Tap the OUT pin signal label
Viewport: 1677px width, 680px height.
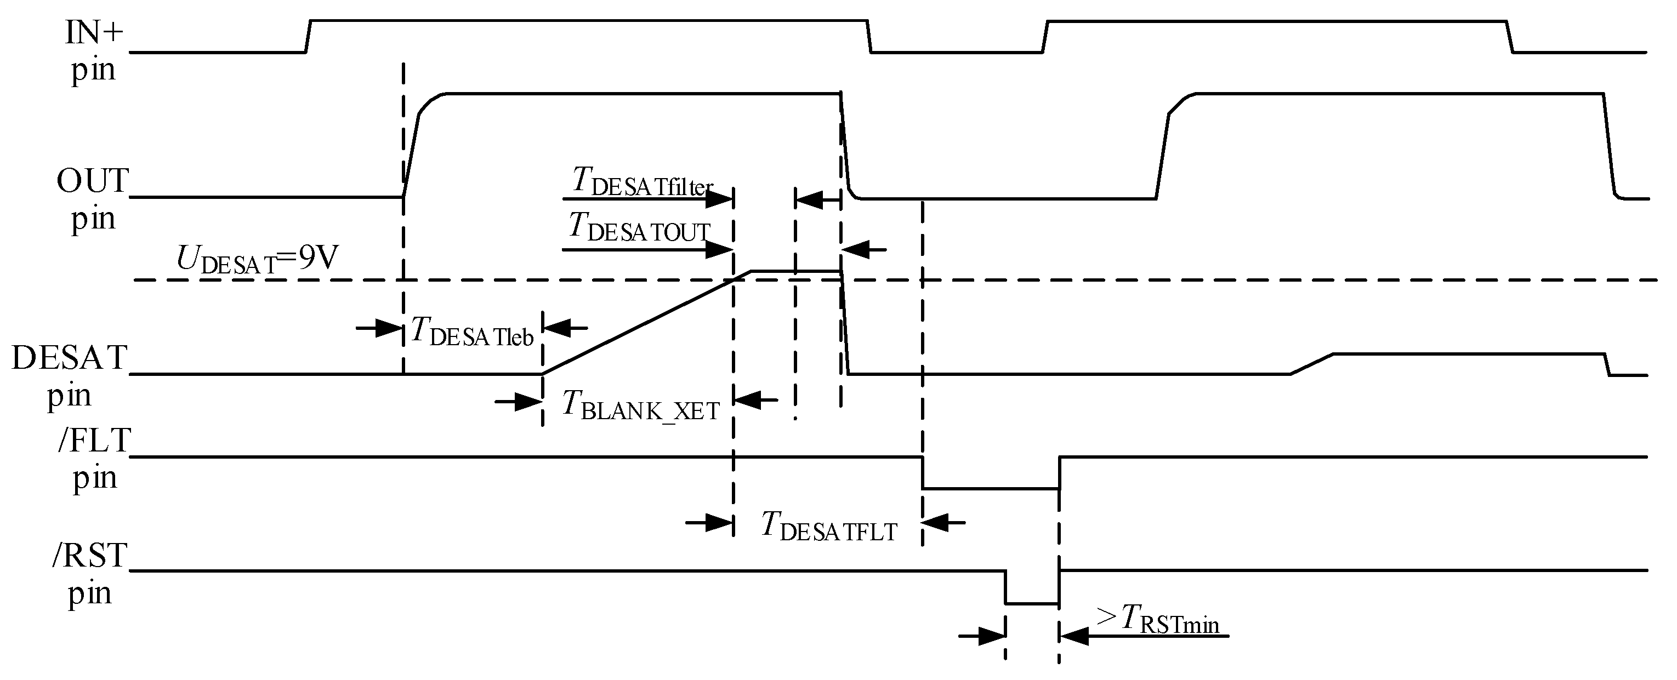[93, 198]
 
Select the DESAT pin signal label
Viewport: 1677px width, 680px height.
[69, 375]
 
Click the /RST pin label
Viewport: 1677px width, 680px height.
[90, 573]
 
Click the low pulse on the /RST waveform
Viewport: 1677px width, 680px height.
[1032, 603]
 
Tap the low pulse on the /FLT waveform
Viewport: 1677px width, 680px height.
[990, 488]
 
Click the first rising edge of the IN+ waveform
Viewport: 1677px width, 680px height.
[309, 36]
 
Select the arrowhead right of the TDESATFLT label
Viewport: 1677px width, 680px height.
[935, 522]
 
